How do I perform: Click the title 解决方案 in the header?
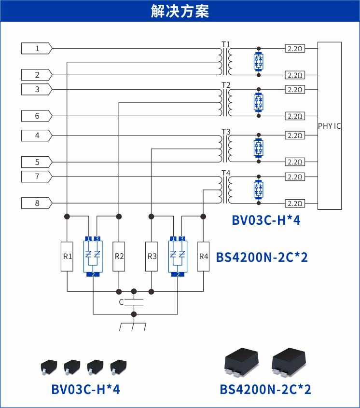pos(180,11)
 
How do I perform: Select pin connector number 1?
pos(37,49)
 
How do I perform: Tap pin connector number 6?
pos(37,116)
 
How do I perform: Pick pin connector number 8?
pos(37,203)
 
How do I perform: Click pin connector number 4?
pos(37,136)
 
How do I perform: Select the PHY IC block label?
pos(330,126)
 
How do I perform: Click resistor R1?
pos(68,256)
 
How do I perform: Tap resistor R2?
pos(119,256)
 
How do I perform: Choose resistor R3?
pos(152,256)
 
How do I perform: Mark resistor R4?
pos(203,256)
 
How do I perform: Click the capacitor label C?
pos(121,302)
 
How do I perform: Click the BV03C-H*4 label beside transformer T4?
pos(266,220)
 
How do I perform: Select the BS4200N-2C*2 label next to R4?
pos(262,257)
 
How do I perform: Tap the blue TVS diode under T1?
pos(259,61)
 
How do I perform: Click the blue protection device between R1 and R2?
pos(93,256)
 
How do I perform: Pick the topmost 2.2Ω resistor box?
pos(294,49)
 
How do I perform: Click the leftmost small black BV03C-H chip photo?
pos(48,367)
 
